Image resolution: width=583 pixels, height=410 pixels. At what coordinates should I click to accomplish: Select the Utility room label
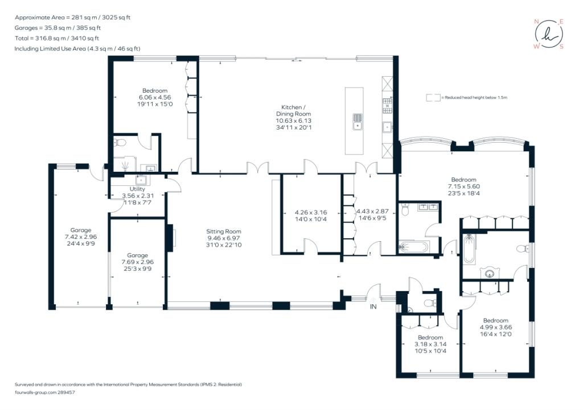coord(137,189)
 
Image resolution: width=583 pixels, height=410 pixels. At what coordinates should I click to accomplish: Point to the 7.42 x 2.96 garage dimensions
coord(81,237)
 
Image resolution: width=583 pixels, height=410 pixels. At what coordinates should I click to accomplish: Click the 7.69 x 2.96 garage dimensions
coord(138,262)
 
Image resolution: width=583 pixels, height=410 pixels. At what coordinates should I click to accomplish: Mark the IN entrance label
coord(373,307)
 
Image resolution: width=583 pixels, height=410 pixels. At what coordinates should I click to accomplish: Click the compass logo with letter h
coord(549,34)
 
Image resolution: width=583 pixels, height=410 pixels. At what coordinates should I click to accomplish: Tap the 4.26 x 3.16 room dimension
coord(311,213)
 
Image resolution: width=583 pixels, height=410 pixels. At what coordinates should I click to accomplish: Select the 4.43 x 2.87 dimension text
coord(372,212)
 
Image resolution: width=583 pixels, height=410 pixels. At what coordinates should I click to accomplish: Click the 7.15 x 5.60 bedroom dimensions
coord(463,187)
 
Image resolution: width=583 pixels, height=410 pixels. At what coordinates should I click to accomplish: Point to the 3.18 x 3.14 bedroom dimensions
coord(430,344)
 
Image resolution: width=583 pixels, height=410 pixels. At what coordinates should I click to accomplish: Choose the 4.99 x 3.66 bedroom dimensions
coord(496,327)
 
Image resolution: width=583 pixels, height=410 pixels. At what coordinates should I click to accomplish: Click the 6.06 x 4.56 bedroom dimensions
coord(155,97)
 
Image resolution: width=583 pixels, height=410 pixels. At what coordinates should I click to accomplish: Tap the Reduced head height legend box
coord(433,98)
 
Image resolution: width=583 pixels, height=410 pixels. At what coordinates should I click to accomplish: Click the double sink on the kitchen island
coord(358,122)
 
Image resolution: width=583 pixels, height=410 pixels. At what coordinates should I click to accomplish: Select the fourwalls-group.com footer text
coord(36,392)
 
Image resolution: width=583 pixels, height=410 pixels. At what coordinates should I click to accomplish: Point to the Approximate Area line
coord(72,18)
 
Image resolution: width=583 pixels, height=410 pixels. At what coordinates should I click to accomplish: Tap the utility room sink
coord(141,180)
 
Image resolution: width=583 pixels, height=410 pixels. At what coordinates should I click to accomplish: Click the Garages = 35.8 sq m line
coord(58,28)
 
